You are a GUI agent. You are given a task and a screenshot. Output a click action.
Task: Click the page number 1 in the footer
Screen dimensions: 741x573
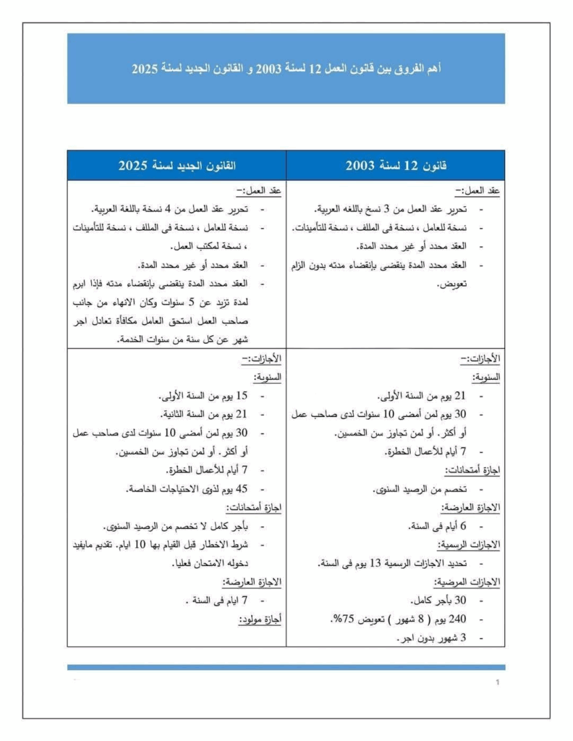[498, 683]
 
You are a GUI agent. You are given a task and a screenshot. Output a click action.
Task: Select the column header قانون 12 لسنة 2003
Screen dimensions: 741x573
[396, 166]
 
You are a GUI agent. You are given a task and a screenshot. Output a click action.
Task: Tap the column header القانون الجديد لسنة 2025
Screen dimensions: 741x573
[177, 166]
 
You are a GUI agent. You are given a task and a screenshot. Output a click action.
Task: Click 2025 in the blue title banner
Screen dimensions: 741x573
[145, 69]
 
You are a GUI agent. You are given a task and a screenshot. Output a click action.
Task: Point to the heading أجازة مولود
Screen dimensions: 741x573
[260, 619]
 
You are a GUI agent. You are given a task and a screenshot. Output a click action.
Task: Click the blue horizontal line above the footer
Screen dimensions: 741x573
[286, 666]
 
